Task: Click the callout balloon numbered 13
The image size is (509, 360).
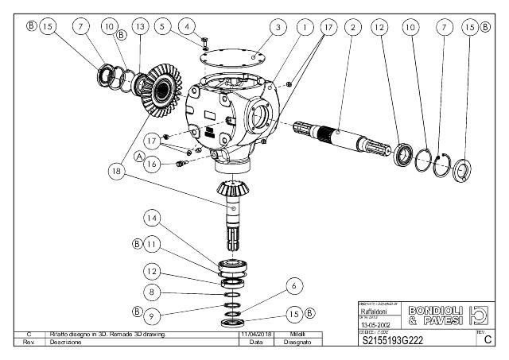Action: click(142, 27)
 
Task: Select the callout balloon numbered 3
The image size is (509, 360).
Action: click(277, 27)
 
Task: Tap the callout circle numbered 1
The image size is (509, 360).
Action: click(303, 27)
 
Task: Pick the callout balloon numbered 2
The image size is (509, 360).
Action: click(351, 27)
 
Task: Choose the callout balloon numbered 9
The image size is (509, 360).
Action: click(153, 315)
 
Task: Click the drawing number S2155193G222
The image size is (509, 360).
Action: click(394, 341)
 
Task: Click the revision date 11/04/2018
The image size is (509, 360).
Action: click(256, 334)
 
